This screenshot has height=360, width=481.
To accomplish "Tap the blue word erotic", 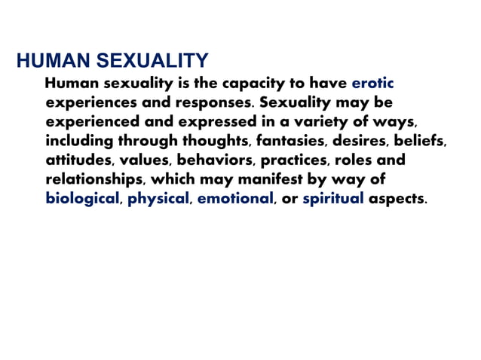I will pos(373,82).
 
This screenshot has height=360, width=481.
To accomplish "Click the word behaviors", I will pos(214,160).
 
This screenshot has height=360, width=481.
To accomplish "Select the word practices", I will pos(293,160).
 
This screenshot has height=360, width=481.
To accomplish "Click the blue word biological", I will pos(83,200).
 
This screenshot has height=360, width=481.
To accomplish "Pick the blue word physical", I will pos(158,200).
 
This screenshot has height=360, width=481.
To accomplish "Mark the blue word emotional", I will pos(235,200).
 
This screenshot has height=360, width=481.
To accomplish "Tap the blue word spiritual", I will pos(333,200).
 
